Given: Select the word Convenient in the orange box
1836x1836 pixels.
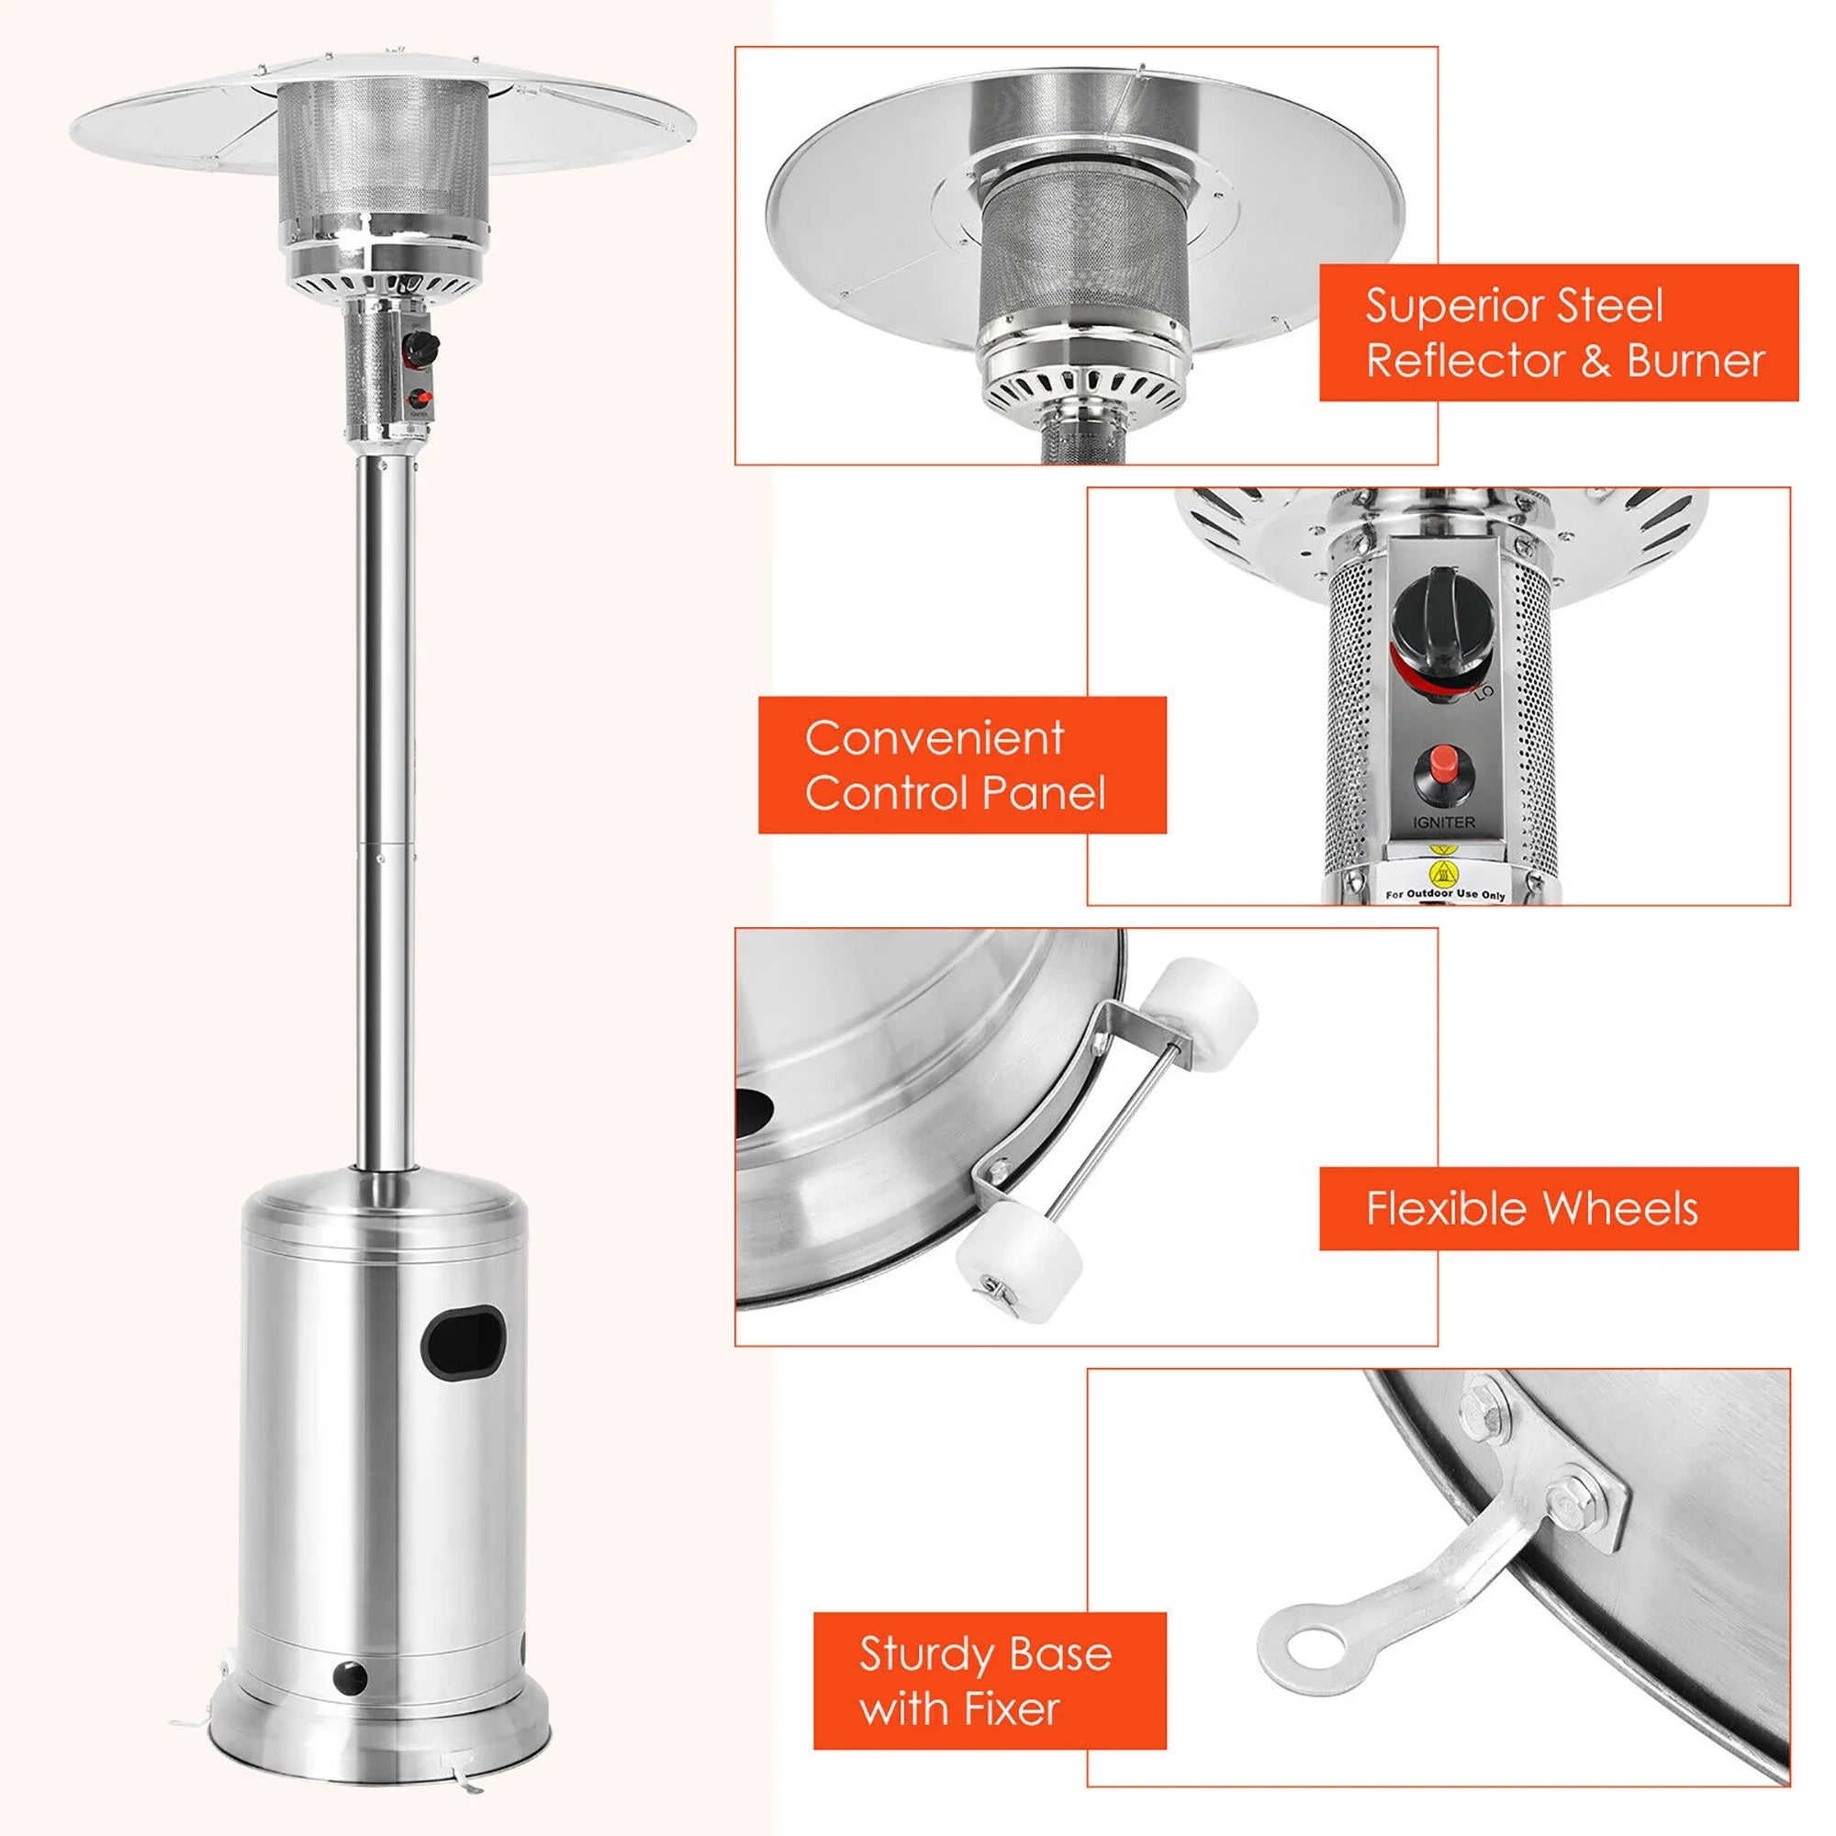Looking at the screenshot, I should tap(935, 738).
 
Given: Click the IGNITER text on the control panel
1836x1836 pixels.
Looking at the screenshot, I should tap(1443, 822).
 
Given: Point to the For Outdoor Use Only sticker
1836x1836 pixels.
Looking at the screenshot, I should tap(1444, 893).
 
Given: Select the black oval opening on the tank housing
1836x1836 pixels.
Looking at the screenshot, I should tap(464, 1342).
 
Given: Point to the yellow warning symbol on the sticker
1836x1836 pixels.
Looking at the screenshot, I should tap(1443, 872).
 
